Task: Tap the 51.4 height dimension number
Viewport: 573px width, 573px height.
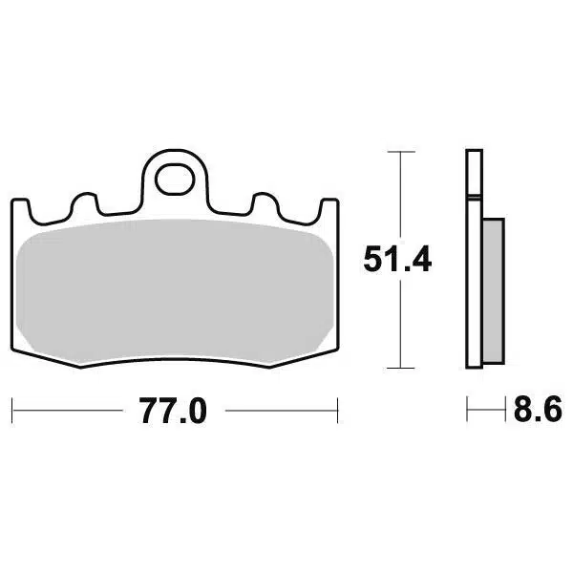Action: tap(397, 259)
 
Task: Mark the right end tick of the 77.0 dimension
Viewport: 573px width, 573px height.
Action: tap(340, 412)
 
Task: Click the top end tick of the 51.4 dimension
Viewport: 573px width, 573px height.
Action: tap(400, 151)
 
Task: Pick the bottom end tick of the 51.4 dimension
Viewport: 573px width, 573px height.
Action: tap(400, 368)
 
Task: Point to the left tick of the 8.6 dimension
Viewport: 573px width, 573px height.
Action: tap(467, 412)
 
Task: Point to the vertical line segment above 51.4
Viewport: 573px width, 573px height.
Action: tap(400, 191)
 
